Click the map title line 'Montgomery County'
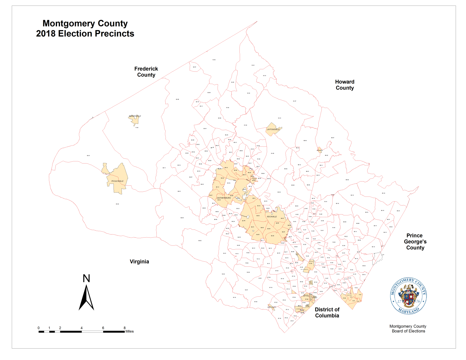click(85, 23)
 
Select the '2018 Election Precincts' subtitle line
click(85, 34)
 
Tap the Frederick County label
click(146, 72)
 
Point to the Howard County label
click(345, 85)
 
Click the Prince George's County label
click(415, 241)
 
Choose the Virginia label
click(139, 262)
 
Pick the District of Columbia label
click(327, 312)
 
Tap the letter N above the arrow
click(86, 278)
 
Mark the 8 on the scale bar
click(125, 328)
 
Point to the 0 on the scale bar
click(39, 328)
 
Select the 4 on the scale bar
click(81, 328)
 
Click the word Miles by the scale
click(130, 331)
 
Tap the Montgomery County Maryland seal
click(408, 296)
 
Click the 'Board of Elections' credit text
click(408, 331)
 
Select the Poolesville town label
click(117, 181)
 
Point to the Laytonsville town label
click(273, 129)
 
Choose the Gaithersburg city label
click(224, 198)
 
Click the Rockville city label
click(272, 217)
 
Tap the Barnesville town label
click(135, 116)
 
